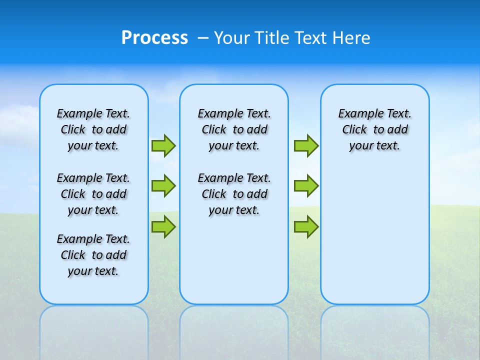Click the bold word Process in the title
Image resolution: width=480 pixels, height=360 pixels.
click(154, 38)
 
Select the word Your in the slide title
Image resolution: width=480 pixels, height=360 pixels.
click(233, 38)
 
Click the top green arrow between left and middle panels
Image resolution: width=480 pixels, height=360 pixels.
click(163, 146)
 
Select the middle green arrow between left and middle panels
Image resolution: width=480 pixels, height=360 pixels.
click(163, 186)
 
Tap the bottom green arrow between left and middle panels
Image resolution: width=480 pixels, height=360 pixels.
click(163, 226)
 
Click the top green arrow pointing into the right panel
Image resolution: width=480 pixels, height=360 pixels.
click(306, 146)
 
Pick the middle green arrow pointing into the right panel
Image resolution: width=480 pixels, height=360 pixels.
click(306, 186)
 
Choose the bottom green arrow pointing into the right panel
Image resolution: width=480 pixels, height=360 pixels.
click(306, 226)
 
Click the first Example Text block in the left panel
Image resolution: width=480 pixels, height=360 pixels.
click(93, 129)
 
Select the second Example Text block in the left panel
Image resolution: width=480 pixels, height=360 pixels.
click(93, 194)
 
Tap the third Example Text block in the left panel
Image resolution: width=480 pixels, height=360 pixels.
click(93, 255)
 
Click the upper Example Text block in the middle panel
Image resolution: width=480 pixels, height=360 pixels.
click(234, 129)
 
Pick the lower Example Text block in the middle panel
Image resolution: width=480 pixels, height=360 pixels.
click(234, 194)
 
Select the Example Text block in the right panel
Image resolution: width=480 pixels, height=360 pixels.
click(375, 129)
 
